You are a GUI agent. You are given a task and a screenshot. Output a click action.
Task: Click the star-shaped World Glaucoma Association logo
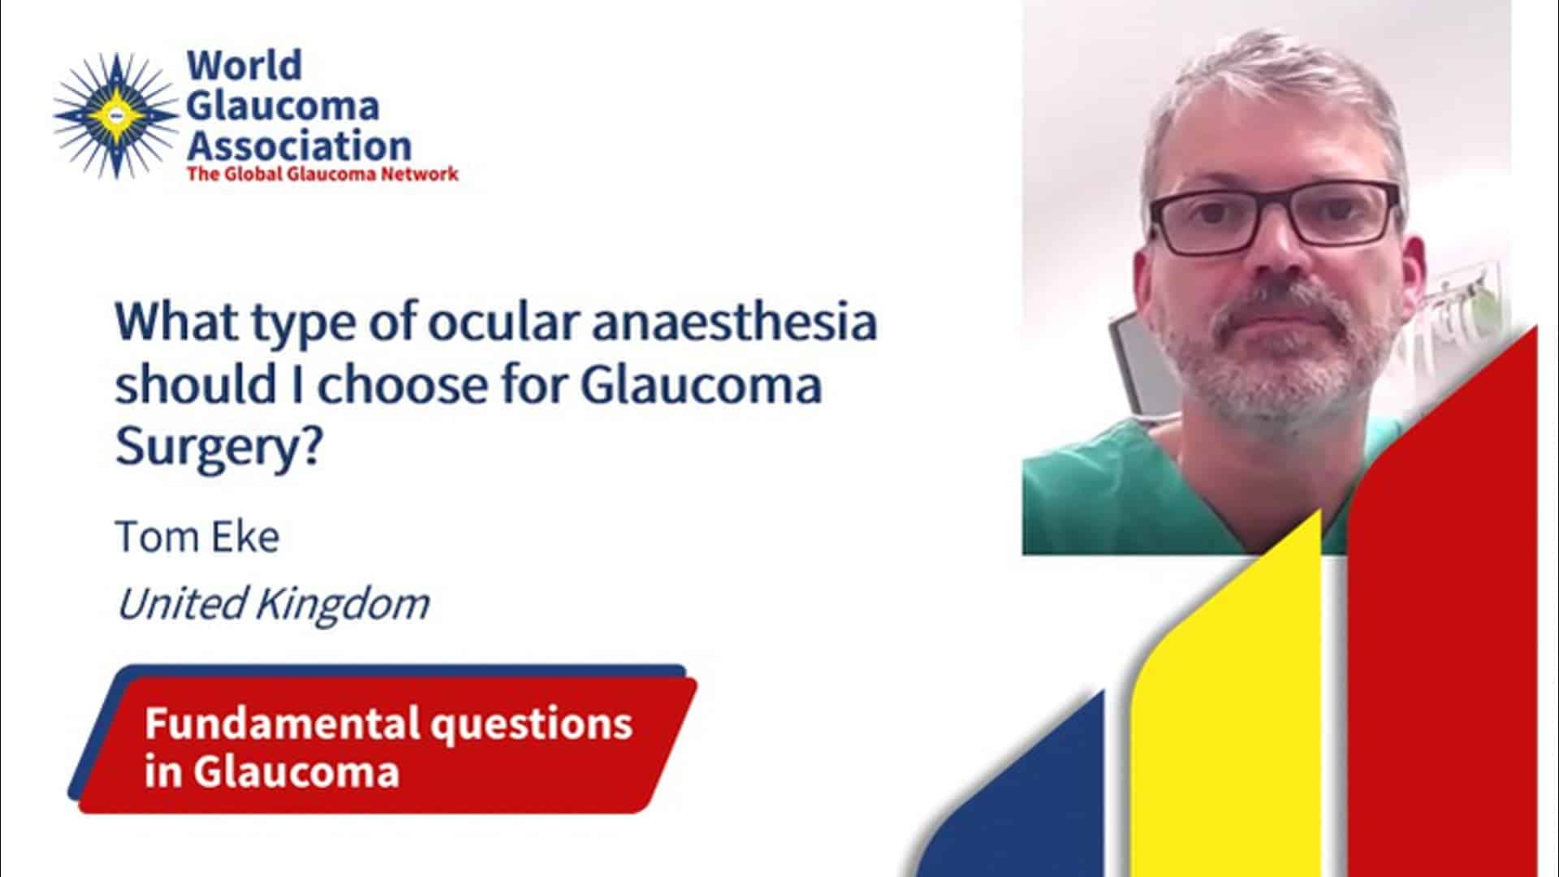[115, 115]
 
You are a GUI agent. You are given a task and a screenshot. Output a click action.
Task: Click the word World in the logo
[244, 65]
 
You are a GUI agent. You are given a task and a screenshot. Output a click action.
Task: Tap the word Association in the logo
[299, 146]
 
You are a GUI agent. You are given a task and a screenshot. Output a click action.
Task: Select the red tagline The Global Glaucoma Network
[322, 174]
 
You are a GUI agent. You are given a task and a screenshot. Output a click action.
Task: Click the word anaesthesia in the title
[734, 322]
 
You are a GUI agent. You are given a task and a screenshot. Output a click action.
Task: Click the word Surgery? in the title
[218, 447]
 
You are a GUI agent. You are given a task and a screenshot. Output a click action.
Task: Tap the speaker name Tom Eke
[197, 537]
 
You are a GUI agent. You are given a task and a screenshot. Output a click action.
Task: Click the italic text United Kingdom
[273, 603]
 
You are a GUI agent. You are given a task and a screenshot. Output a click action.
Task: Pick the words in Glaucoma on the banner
[272, 771]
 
